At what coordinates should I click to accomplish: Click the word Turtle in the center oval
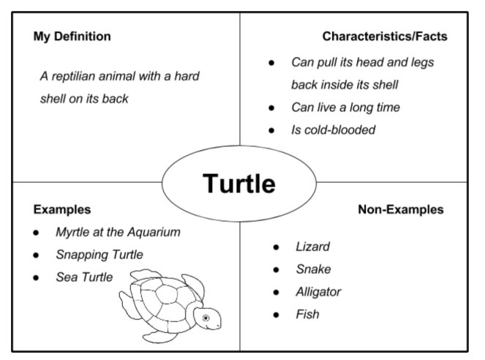(x=238, y=184)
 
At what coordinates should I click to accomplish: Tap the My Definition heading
(x=72, y=37)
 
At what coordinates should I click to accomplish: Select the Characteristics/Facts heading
(x=385, y=36)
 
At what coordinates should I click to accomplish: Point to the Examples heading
(x=62, y=209)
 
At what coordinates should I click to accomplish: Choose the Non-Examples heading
(x=401, y=209)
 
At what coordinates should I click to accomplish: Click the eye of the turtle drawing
(x=206, y=318)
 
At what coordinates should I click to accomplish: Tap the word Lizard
(x=312, y=247)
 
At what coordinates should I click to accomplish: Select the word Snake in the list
(x=313, y=269)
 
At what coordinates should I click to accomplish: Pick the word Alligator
(x=318, y=292)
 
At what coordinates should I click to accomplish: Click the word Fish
(x=307, y=314)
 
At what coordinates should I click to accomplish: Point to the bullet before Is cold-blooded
(x=271, y=130)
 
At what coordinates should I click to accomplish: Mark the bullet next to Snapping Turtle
(x=36, y=255)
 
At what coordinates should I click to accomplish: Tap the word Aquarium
(x=154, y=232)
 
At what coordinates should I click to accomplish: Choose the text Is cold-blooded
(x=333, y=130)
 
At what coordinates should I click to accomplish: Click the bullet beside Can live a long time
(x=271, y=108)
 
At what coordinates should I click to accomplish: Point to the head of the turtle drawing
(x=207, y=318)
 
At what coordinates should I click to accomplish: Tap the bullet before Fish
(x=277, y=315)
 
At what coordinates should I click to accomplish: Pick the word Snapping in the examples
(x=82, y=255)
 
